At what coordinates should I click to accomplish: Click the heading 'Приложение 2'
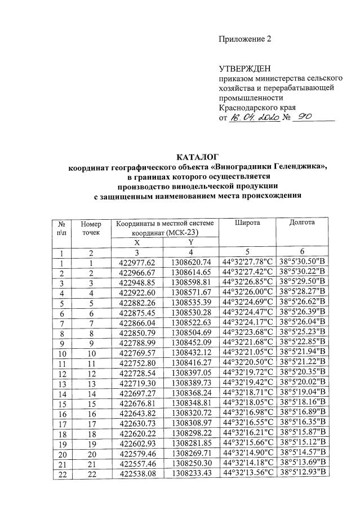pyautogui.click(x=245, y=39)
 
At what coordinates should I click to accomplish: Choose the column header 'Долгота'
pyautogui.click(x=302, y=223)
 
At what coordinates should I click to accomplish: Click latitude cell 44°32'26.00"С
pyautogui.click(x=248, y=291)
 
